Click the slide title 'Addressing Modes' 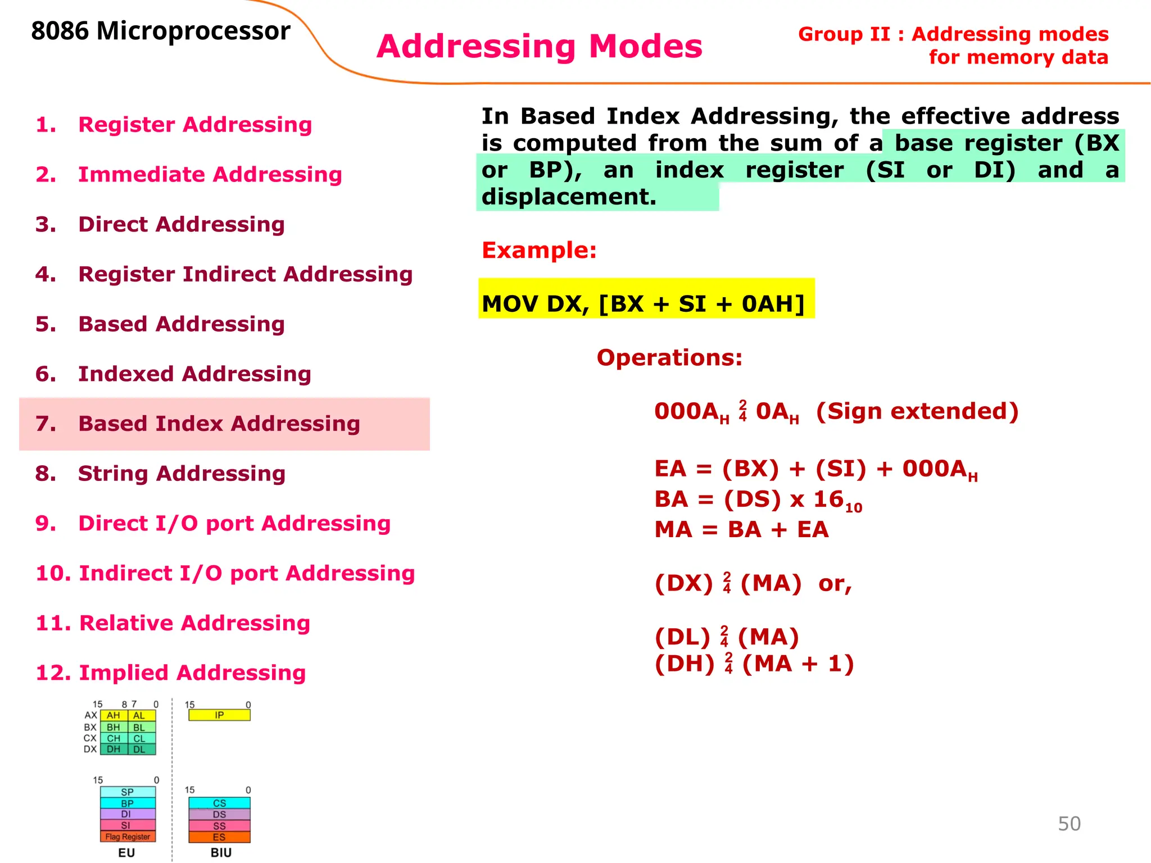pos(539,46)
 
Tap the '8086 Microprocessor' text pos(161,31)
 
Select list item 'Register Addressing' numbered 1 pos(194,124)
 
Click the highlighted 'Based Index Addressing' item pos(219,424)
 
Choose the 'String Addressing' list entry pos(181,474)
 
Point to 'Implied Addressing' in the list pos(192,673)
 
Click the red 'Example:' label pos(539,250)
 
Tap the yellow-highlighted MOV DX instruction pos(644,304)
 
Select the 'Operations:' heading pos(669,357)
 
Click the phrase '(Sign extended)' pos(917,411)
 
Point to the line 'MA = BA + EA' pos(741,529)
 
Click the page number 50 pos(1069,824)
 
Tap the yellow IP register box pos(219,715)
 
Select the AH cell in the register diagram pos(114,715)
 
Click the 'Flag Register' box pos(128,837)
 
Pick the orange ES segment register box pos(219,837)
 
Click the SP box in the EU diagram pos(128,792)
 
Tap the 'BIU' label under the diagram pos(221,852)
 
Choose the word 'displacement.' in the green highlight pos(569,197)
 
